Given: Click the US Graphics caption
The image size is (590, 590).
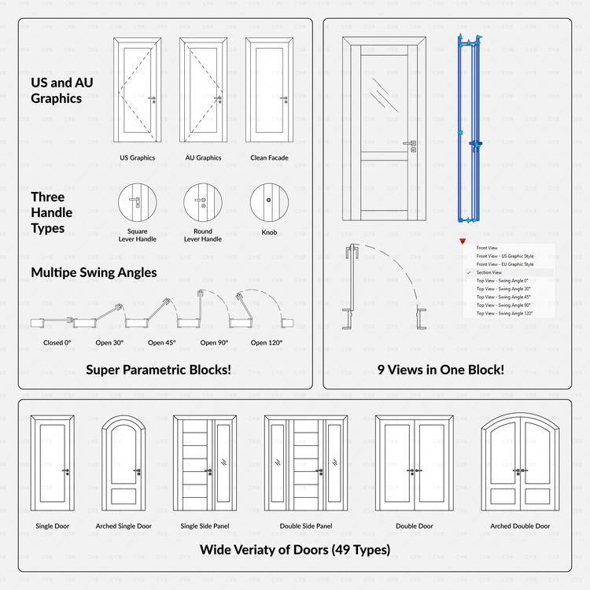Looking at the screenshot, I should pos(137,158).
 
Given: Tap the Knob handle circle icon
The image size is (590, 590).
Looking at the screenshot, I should pos(269,202).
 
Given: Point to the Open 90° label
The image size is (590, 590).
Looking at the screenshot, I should pos(214,343).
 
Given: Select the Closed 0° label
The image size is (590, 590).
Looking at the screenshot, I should pos(57,343).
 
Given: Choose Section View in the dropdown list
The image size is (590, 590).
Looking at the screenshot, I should pos(489,272).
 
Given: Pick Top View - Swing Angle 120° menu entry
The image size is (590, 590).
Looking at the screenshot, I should pos(504,313).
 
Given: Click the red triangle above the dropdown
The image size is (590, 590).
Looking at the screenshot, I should pos(464,242).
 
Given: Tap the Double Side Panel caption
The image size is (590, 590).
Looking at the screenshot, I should pos(306,526).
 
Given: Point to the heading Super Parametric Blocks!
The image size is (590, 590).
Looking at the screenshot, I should pos(158,370).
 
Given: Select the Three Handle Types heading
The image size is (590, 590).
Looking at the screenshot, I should pos(52,212).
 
